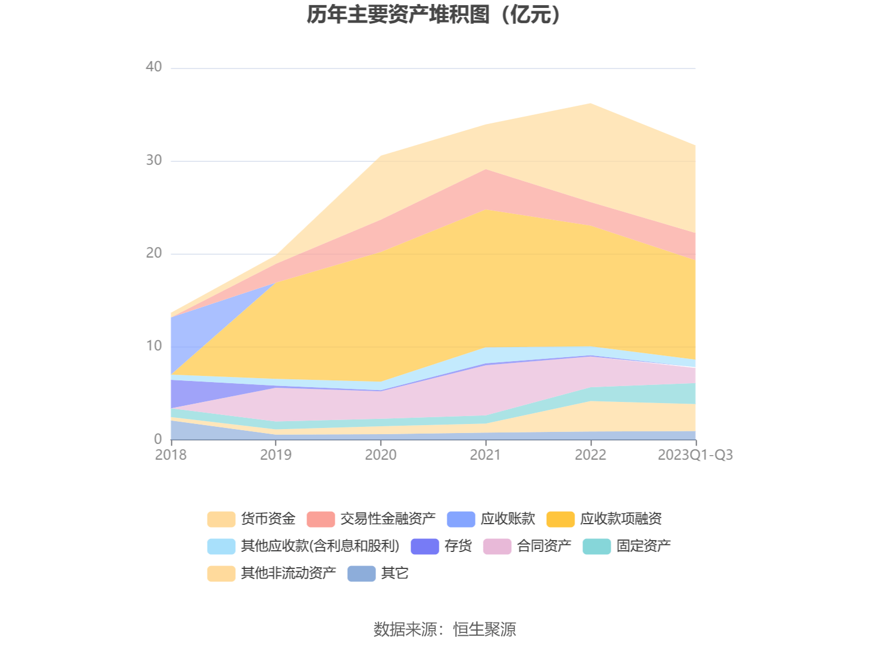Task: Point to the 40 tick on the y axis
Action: point(154,67)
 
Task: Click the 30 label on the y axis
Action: point(154,161)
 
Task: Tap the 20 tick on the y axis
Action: point(154,254)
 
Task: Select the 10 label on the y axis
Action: point(154,346)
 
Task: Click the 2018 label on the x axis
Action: point(171,455)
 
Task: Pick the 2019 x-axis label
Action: point(276,455)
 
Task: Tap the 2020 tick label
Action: point(381,455)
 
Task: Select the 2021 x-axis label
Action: point(486,455)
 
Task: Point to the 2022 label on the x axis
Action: point(590,455)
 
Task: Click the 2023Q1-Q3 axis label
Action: point(695,455)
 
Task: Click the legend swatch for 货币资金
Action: point(221,519)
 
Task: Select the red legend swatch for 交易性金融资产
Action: point(321,519)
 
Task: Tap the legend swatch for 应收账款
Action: point(461,519)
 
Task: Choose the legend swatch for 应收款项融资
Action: point(560,519)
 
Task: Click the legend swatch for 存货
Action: point(425,546)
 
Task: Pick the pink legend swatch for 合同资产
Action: point(497,546)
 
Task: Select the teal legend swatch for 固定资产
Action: point(597,546)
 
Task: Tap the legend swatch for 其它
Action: point(361,573)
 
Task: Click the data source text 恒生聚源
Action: point(485,629)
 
